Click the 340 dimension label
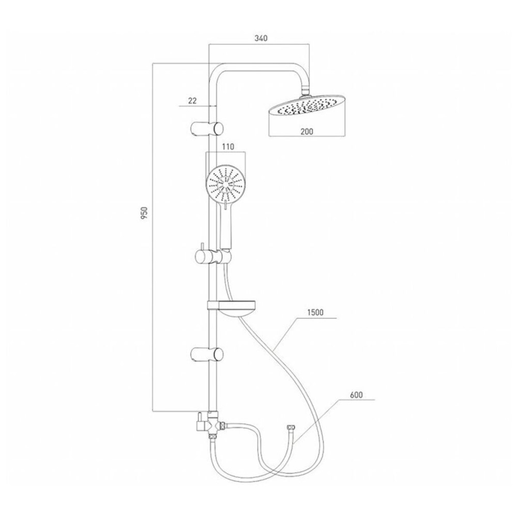tap(261, 38)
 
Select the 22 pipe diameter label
tap(192, 101)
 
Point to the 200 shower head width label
tap(307, 131)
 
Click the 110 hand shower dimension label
tap(228, 147)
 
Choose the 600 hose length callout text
tap(356, 395)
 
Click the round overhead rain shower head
tap(307, 107)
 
